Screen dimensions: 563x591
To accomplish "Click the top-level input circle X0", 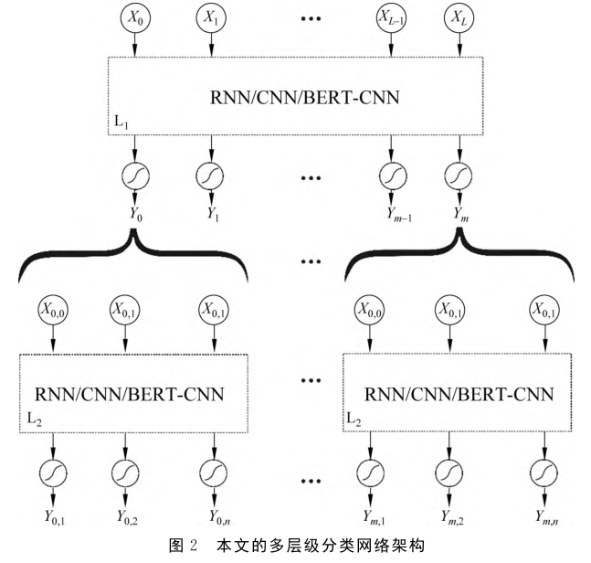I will pos(136,17).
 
